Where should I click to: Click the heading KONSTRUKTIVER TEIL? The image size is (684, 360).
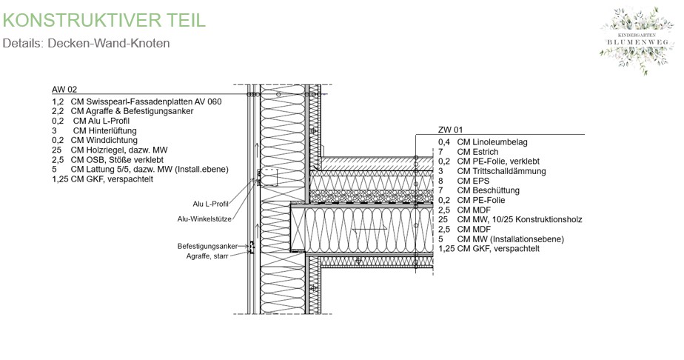(x=104, y=19)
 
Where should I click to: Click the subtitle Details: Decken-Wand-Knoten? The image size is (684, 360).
(x=87, y=43)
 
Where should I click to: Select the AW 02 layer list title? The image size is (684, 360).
(x=64, y=89)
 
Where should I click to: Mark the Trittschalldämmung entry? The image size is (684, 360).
(x=492, y=171)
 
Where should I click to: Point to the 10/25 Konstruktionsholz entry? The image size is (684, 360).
(x=511, y=219)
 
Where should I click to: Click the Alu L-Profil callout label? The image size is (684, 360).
(x=210, y=204)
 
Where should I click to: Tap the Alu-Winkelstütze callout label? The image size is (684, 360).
(x=205, y=219)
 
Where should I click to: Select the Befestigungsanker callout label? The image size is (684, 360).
(x=207, y=245)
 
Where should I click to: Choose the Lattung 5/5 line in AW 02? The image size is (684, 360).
(x=141, y=169)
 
